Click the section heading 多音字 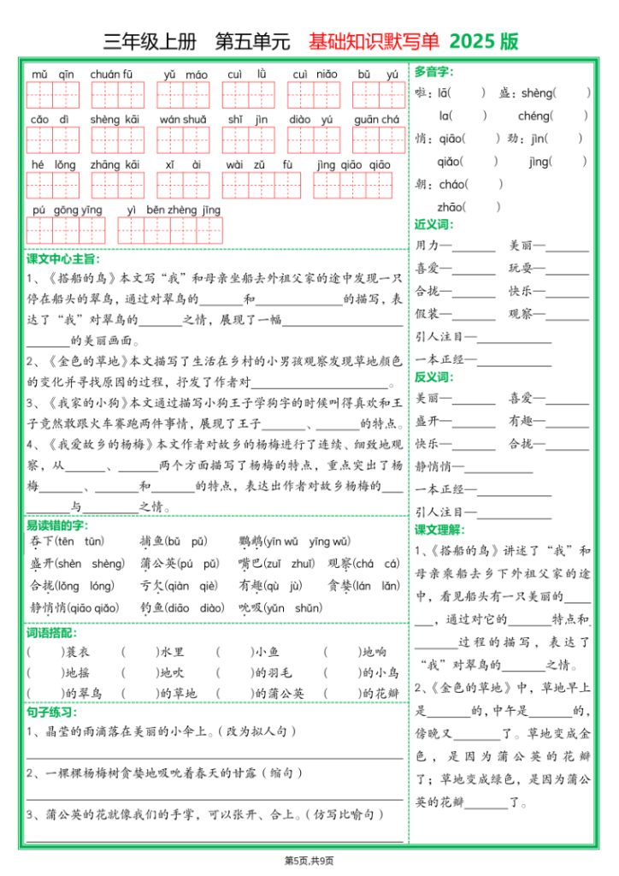pos(433,70)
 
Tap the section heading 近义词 pos(433,225)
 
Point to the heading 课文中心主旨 pos(63,258)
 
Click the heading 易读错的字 pos(57,525)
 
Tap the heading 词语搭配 pos(51,633)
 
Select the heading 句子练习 pos(51,713)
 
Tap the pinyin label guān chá pos(377,120)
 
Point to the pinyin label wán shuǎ pos(183,120)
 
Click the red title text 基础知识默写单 pos(374,41)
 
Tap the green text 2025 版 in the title pos(484,41)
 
